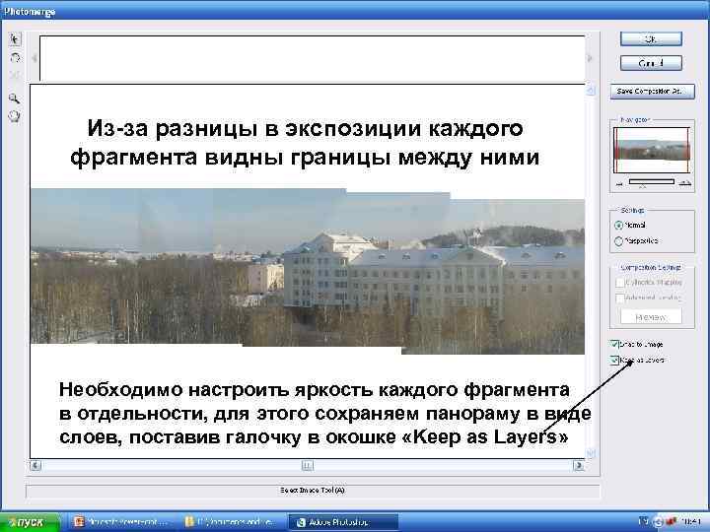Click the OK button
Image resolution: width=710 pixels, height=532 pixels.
(x=650, y=38)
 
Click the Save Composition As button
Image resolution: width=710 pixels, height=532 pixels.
(x=650, y=91)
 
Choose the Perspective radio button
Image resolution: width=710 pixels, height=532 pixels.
(x=618, y=240)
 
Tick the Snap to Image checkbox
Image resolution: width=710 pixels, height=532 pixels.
(x=615, y=345)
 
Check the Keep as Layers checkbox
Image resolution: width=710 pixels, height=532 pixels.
(x=615, y=360)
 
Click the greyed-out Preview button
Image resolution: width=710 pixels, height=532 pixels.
(x=650, y=317)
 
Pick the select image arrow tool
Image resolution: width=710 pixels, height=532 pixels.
(x=15, y=40)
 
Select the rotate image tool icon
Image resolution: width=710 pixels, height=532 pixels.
(x=15, y=57)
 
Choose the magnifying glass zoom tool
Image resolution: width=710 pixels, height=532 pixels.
(x=15, y=99)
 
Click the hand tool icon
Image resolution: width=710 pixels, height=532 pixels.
(x=15, y=115)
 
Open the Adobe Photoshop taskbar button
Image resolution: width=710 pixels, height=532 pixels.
(x=341, y=522)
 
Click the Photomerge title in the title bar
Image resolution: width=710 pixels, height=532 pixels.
(x=30, y=11)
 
